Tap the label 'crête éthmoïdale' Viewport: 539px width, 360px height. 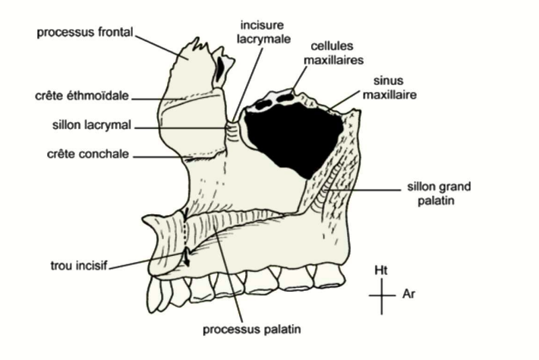(81, 96)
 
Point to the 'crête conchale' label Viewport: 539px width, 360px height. (85, 155)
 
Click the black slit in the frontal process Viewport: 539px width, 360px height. (220, 69)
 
